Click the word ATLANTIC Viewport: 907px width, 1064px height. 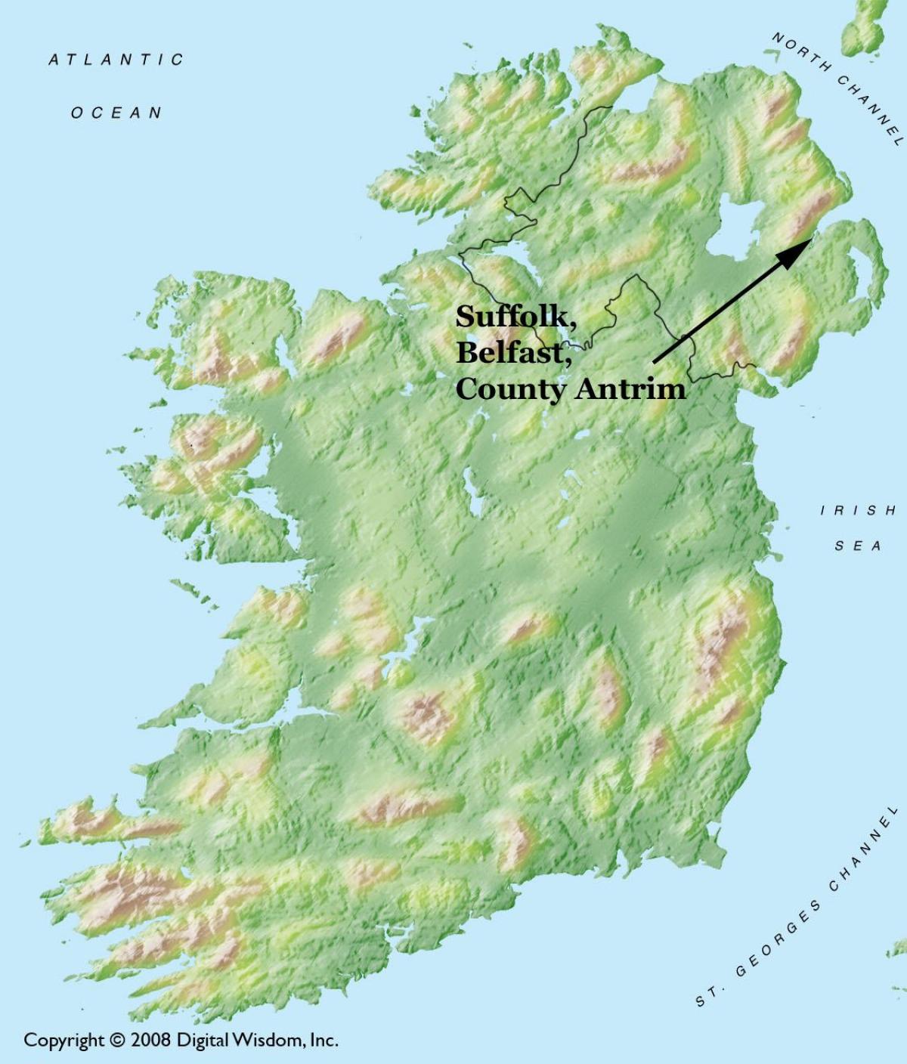tap(116, 60)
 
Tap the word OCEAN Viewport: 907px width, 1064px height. tap(116, 113)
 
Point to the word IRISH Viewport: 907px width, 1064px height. tap(859, 511)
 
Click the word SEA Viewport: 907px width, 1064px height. tap(859, 546)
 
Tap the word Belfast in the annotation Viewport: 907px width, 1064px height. tap(511, 353)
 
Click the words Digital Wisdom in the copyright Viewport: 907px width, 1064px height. tap(239, 1040)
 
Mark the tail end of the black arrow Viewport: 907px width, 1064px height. tap(655, 361)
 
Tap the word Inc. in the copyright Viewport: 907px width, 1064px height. tap(323, 1040)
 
